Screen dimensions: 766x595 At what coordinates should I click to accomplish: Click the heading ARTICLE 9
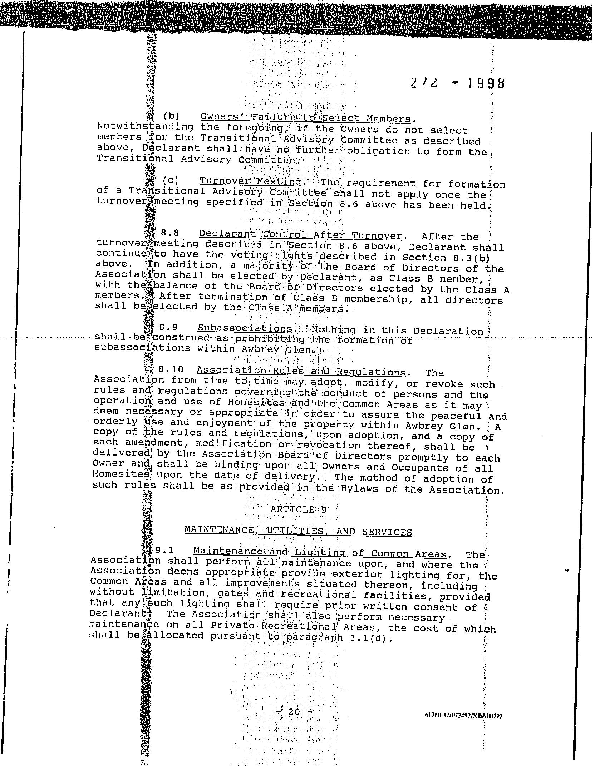pyautogui.click(x=298, y=509)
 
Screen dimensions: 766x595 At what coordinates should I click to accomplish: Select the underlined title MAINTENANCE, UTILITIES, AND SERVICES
pyautogui.click(x=298, y=531)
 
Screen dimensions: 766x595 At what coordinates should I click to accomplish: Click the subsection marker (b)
pyautogui.click(x=171, y=116)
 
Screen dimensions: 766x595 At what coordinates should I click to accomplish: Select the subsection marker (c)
pyautogui.click(x=170, y=180)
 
